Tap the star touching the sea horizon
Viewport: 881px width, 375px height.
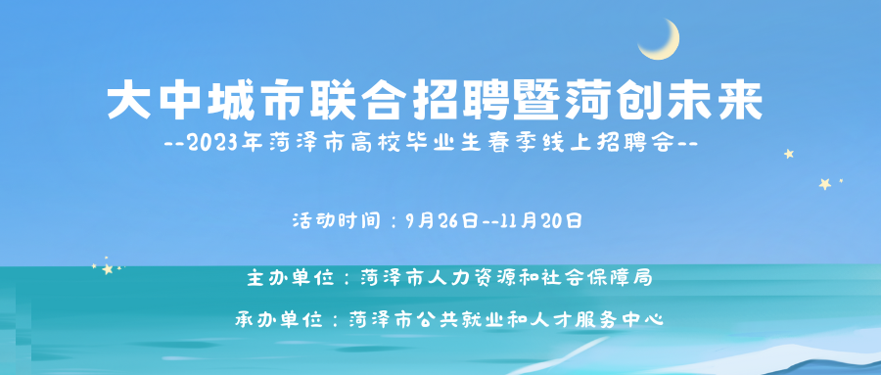click(108, 269)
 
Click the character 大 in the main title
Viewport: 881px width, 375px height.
click(129, 101)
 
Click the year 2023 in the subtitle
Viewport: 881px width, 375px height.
click(210, 143)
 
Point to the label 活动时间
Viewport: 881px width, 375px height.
click(332, 220)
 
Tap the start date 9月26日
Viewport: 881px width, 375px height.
click(443, 220)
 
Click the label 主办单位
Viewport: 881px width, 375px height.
click(287, 277)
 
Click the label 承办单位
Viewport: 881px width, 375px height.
click(276, 320)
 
